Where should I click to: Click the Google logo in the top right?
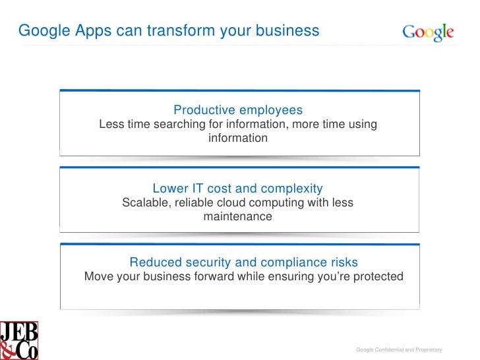coord(428,32)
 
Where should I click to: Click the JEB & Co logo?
coord(19,340)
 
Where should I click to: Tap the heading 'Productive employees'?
coord(238,109)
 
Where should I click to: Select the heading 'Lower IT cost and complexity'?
coord(237,188)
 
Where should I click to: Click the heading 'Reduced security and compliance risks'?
coord(243,262)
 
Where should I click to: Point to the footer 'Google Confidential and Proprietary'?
coord(398,349)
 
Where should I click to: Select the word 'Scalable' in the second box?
coord(146,202)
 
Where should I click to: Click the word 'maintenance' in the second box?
coord(237,216)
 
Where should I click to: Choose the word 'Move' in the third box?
coord(99,276)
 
